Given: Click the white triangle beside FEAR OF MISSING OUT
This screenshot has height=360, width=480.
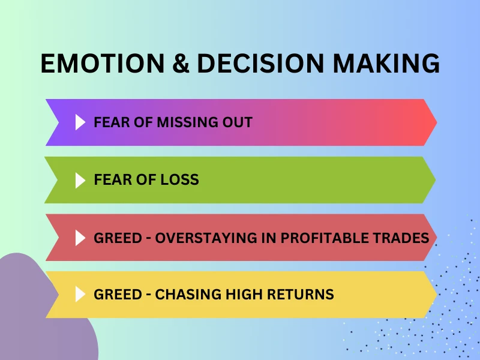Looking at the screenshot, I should tap(80, 122).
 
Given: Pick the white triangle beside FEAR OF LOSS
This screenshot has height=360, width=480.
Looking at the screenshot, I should tap(80, 179).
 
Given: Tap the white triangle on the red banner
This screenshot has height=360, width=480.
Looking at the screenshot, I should tap(80, 238).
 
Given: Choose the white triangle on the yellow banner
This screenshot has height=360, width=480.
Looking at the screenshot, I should tap(80, 295).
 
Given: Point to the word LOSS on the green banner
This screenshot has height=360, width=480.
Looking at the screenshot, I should tap(178, 179).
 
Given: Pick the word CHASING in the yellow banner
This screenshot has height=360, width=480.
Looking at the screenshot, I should tap(182, 295).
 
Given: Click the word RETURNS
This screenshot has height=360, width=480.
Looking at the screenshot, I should tap(302, 295).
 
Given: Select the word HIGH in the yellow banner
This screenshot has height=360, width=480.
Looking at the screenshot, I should tap(244, 295).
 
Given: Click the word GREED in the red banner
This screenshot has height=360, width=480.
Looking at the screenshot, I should tap(114, 238).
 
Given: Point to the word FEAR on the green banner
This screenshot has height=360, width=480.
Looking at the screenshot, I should tap(110, 179).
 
